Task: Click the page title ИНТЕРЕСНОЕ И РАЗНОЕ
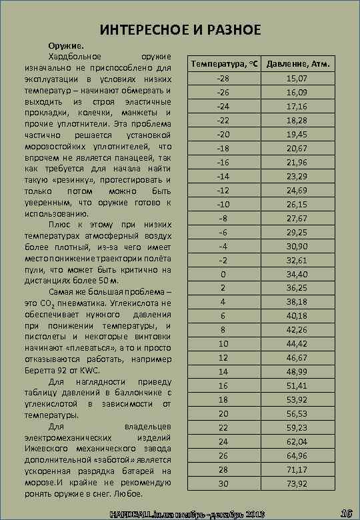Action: (180, 30)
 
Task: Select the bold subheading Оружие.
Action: (65, 45)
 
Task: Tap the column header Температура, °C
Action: (223, 64)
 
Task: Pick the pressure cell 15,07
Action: (297, 79)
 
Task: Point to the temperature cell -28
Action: (223, 79)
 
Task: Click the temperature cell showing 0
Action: (223, 274)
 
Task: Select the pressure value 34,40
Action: (297, 274)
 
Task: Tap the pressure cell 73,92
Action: (297, 483)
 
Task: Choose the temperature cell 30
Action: (223, 483)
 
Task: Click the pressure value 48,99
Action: (297, 371)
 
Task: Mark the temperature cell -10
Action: (223, 204)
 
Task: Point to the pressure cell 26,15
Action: (297, 204)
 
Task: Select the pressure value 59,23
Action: (297, 427)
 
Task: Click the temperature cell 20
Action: (223, 413)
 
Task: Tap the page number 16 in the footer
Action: (345, 513)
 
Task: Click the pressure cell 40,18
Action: (297, 302)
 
